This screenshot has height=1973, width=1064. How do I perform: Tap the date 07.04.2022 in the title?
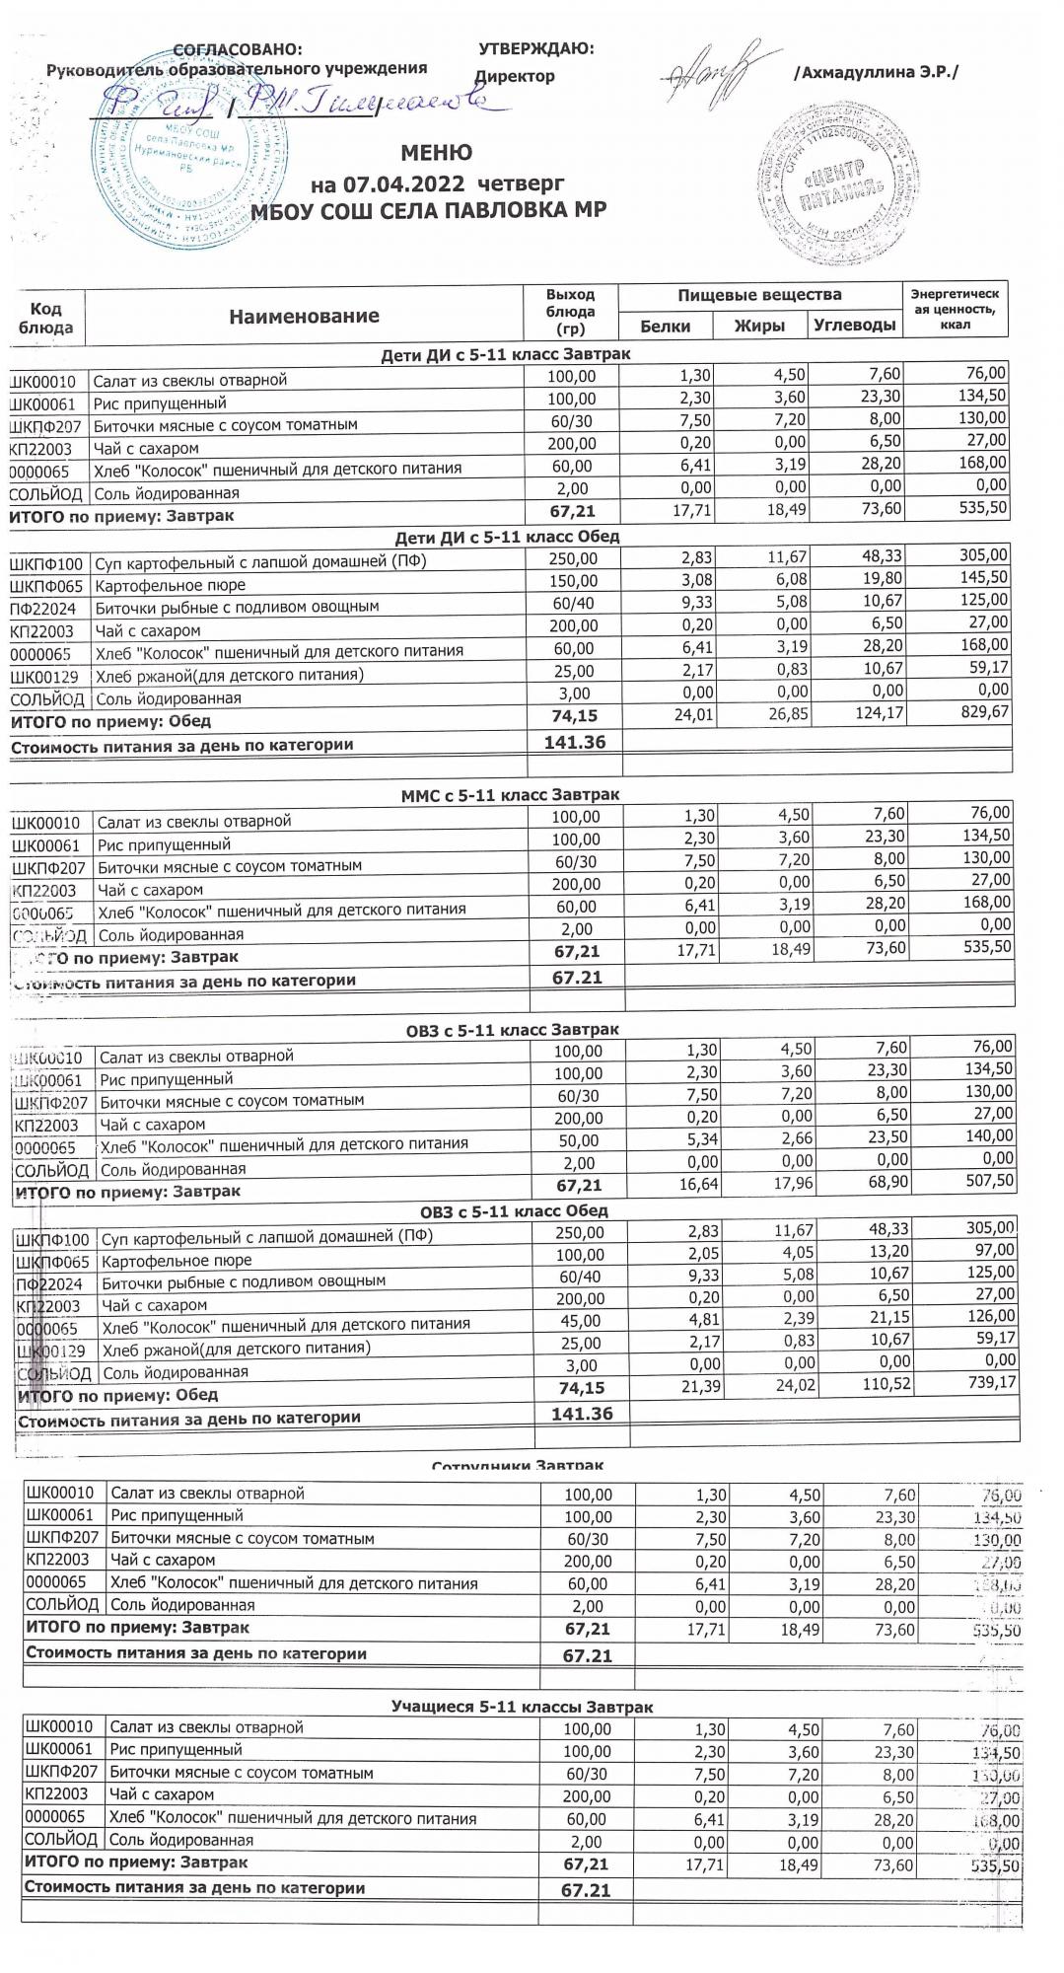(x=404, y=184)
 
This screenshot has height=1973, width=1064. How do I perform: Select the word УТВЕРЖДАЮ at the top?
(x=535, y=49)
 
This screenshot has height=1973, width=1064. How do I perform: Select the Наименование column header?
(x=304, y=317)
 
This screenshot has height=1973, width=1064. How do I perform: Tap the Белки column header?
(x=665, y=327)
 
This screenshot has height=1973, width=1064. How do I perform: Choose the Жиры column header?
(x=759, y=327)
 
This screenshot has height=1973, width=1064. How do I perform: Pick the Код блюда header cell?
(x=46, y=318)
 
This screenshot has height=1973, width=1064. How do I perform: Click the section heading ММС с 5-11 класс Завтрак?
(x=510, y=794)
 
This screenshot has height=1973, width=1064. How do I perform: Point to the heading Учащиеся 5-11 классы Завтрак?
(x=522, y=1707)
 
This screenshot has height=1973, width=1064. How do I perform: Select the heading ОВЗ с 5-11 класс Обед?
(x=507, y=1210)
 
